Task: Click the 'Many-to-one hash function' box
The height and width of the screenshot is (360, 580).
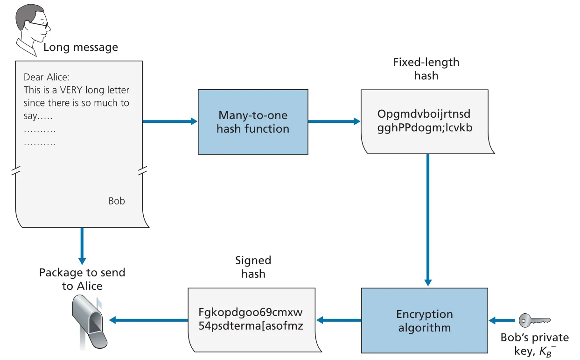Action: tap(253, 122)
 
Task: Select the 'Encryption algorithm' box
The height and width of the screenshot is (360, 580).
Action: tap(425, 320)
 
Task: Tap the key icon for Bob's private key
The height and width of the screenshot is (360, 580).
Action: tap(535, 320)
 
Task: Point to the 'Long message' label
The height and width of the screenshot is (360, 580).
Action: tap(81, 47)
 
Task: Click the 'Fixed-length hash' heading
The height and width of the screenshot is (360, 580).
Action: tap(426, 69)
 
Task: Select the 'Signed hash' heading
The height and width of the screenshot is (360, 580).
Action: tap(253, 267)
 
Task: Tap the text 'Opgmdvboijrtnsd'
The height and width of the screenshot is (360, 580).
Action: tap(424, 114)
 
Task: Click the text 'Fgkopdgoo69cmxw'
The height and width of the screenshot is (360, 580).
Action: tap(251, 312)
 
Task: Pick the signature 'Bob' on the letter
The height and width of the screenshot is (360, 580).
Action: tap(117, 201)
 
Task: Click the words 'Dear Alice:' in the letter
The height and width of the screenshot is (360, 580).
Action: tap(47, 77)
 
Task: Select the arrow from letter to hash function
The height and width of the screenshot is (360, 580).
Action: tap(170, 121)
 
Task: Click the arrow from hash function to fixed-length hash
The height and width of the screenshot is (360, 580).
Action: tap(334, 121)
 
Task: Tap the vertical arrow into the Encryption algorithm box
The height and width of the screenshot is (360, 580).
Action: tap(428, 220)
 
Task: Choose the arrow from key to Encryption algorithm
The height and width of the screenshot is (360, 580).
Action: tap(502, 320)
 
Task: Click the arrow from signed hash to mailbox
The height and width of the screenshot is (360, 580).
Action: tap(148, 320)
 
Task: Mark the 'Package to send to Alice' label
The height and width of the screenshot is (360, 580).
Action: tap(82, 279)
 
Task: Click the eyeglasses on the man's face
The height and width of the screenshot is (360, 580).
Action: tap(39, 25)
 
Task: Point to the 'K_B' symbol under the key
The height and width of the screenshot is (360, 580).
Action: tap(547, 352)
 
